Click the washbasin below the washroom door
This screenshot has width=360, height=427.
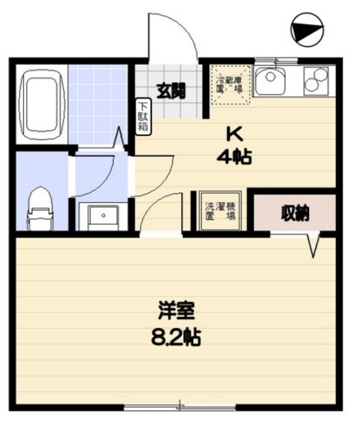pyautogui.click(x=100, y=215)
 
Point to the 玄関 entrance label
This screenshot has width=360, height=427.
pyautogui.click(x=171, y=91)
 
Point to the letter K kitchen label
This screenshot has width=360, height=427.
pyautogui.click(x=233, y=133)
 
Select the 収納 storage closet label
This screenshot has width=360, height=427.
pyautogui.click(x=294, y=213)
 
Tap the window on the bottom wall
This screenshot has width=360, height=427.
pyautogui.click(x=180, y=406)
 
